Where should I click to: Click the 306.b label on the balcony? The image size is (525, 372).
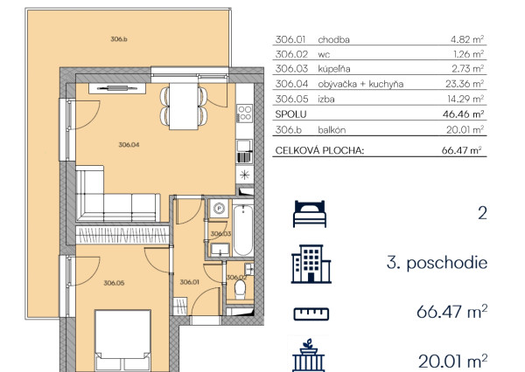click(x=119, y=39)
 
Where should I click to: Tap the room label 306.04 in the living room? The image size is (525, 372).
click(x=129, y=145)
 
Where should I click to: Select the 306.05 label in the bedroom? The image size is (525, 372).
click(x=114, y=283)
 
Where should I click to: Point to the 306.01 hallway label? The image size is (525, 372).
click(x=190, y=282)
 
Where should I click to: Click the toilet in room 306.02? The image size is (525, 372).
click(x=240, y=289)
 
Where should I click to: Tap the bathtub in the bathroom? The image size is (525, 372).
click(x=242, y=231)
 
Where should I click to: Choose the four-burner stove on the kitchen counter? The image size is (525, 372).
click(x=244, y=113)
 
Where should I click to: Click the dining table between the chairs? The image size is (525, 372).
click(x=184, y=106)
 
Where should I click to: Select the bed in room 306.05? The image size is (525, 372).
click(x=122, y=341)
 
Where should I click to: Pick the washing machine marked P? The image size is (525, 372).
click(x=220, y=209)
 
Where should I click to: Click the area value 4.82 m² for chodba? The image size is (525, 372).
click(x=467, y=39)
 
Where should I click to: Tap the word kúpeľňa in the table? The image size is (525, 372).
click(x=334, y=69)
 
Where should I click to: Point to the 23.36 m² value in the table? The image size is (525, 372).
click(x=465, y=84)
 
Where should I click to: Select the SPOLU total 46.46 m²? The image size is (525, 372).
click(x=464, y=114)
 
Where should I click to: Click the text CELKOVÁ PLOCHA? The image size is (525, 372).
click(x=319, y=150)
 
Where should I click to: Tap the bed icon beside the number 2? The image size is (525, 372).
click(x=310, y=214)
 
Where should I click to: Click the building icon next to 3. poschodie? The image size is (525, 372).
click(x=311, y=264)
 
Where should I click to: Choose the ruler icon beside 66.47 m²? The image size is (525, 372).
click(x=311, y=313)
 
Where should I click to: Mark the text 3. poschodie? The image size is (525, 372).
click(x=437, y=263)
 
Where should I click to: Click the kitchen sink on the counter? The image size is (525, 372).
click(x=244, y=147)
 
